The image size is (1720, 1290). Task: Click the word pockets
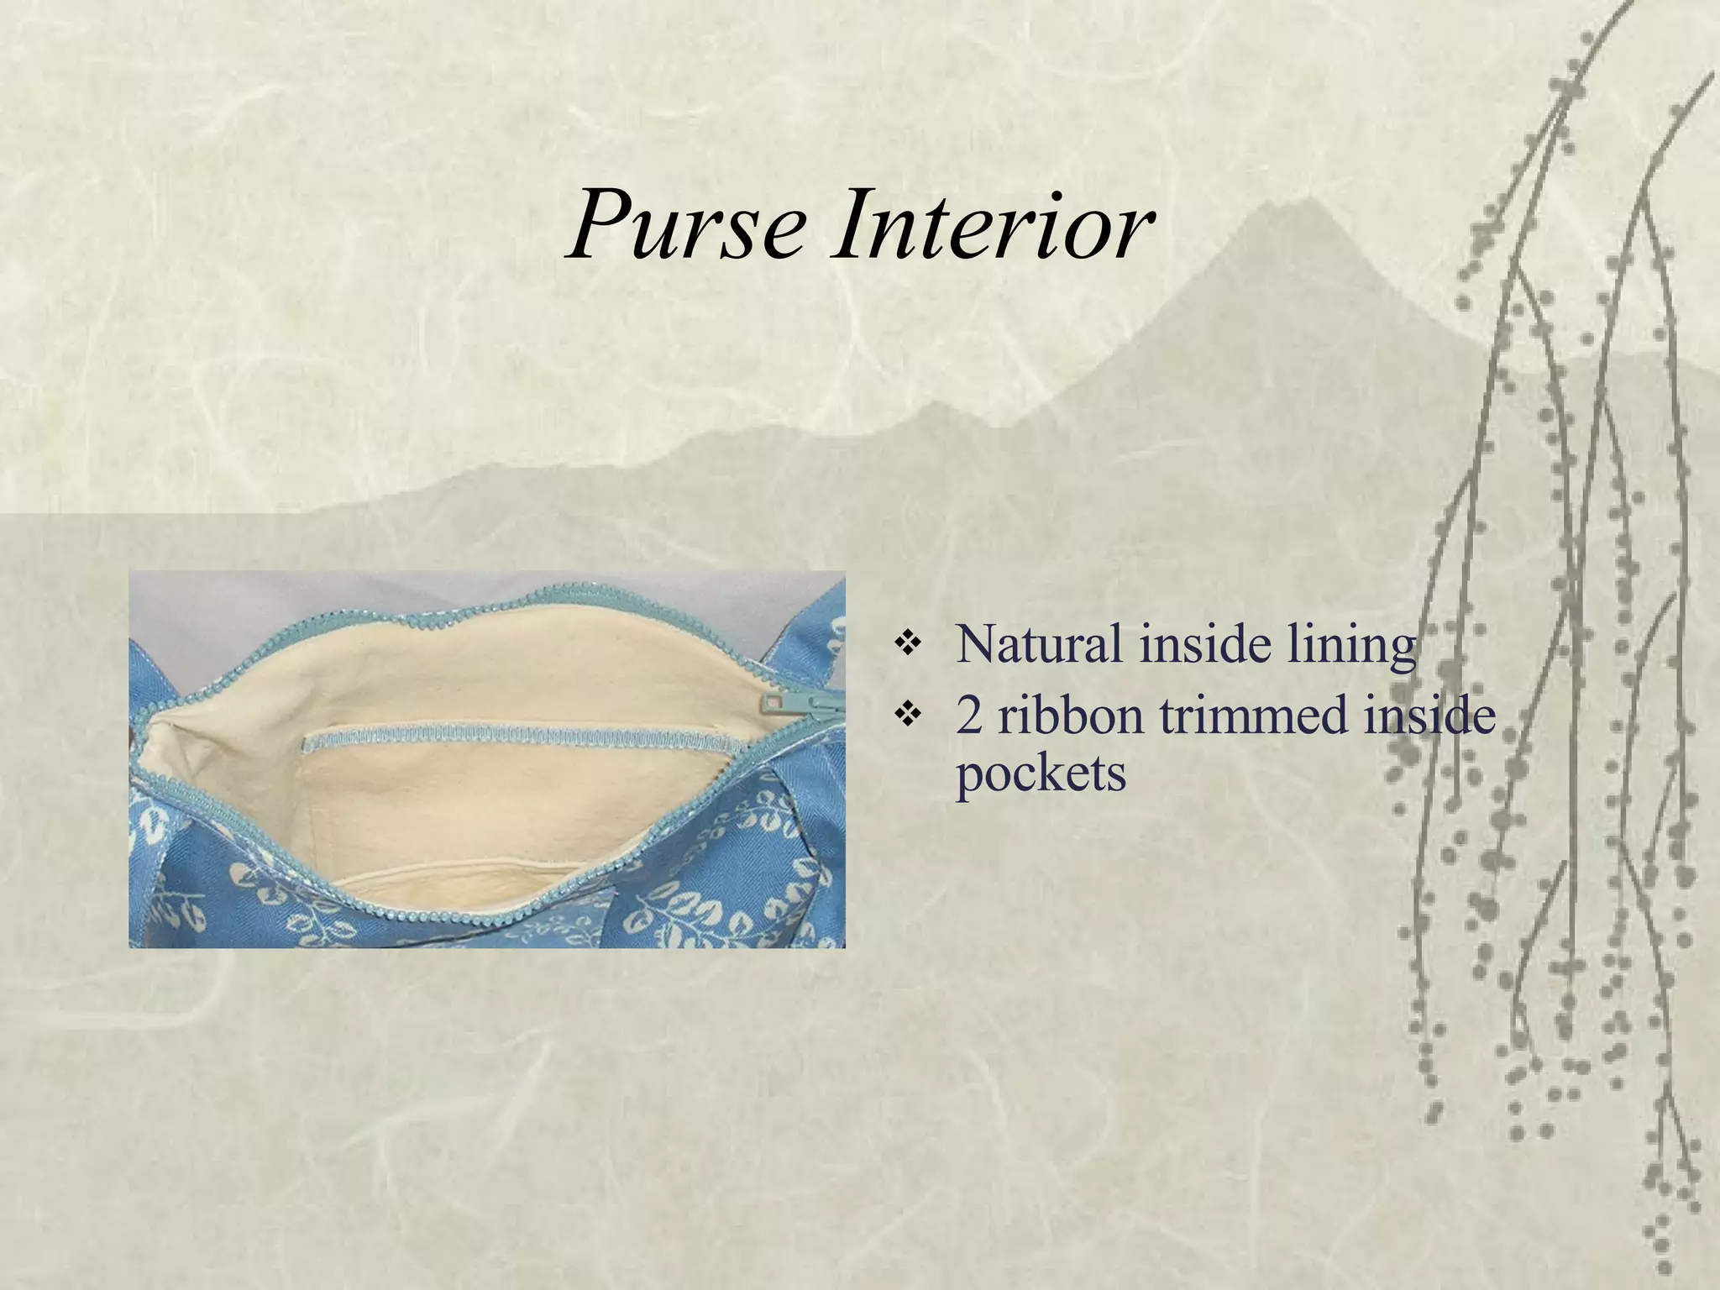1041,773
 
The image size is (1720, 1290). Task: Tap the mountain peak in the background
1306,202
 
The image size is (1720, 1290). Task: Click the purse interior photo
486,759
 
